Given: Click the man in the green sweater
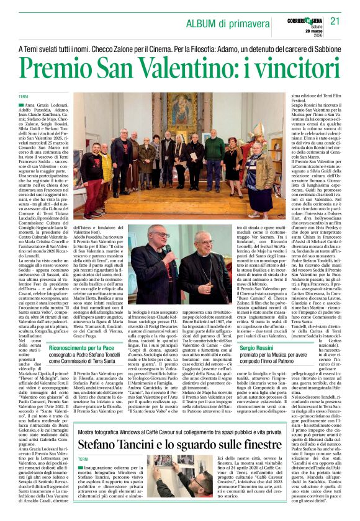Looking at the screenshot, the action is pyautogui.click(x=214, y=154).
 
